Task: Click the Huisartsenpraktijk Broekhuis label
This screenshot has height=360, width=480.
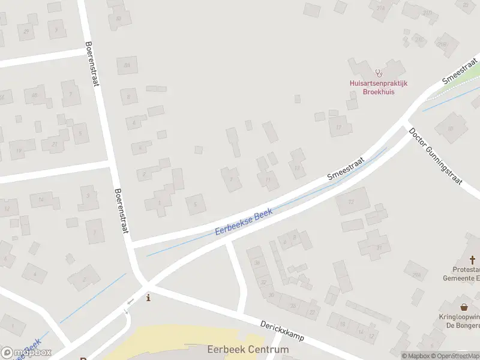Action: click(379, 88)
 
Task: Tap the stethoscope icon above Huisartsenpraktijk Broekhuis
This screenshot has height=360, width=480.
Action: click(378, 73)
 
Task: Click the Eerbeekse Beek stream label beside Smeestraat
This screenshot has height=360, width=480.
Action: click(244, 223)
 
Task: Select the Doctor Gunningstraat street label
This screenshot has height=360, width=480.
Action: click(443, 157)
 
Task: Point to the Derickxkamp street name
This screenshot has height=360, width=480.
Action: click(281, 331)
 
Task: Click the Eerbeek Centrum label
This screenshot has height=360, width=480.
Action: click(248, 349)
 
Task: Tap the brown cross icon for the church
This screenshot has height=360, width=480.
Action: click(473, 260)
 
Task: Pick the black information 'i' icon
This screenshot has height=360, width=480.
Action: click(149, 298)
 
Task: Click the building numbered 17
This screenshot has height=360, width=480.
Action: click(340, 127)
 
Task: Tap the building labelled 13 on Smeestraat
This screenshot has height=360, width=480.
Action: click(296, 167)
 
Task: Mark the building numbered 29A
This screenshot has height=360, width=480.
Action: click(416, 274)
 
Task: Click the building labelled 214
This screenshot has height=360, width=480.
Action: click(380, 8)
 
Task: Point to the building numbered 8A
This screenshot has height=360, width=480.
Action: click(127, 65)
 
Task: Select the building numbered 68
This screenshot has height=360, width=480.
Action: click(34, 95)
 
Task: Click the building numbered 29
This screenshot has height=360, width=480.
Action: click(26, 31)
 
